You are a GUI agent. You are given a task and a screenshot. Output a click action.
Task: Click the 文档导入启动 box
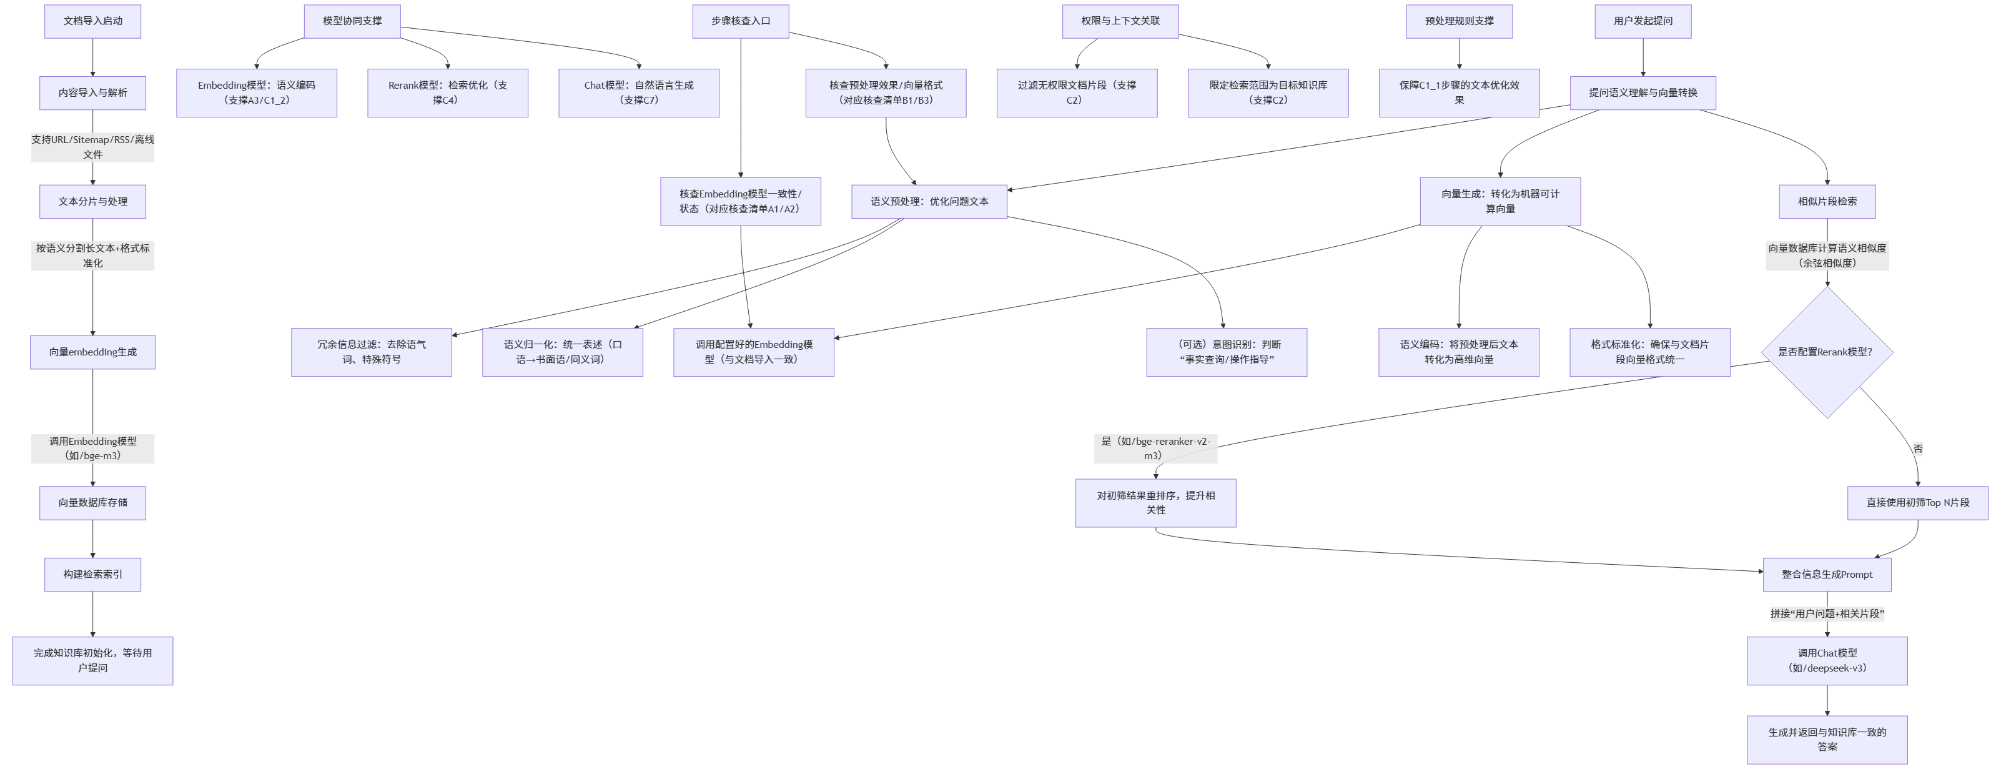(x=92, y=21)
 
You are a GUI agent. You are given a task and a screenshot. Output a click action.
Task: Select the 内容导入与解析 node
(x=92, y=92)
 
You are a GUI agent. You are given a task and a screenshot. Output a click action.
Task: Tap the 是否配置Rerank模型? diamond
(x=1826, y=352)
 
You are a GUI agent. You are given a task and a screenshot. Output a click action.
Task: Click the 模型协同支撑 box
(x=352, y=21)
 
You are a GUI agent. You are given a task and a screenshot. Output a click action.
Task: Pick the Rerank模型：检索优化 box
(x=447, y=92)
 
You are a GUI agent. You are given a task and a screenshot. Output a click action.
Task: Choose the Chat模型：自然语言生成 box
(x=638, y=92)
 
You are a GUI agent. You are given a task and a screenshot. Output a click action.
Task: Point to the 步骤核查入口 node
(x=740, y=21)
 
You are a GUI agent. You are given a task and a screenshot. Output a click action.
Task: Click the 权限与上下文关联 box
(x=1120, y=21)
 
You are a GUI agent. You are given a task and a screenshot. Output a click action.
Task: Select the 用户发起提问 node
(x=1643, y=21)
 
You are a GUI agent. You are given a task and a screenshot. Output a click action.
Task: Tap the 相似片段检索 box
(x=1827, y=201)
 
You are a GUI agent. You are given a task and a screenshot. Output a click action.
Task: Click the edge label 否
(x=1918, y=448)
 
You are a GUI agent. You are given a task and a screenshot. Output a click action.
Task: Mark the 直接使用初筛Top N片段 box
(x=1918, y=503)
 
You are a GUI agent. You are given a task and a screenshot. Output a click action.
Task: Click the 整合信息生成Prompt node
(x=1827, y=574)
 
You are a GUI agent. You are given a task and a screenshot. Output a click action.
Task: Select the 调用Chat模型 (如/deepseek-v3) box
(x=1827, y=660)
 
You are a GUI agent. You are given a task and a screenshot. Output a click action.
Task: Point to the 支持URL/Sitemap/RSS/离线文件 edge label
(x=92, y=147)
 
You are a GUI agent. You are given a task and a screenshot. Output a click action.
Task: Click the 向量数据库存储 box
(x=92, y=503)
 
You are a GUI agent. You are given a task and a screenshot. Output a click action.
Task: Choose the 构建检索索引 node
(x=92, y=574)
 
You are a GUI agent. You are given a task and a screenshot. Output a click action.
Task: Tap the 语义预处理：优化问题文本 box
(x=929, y=201)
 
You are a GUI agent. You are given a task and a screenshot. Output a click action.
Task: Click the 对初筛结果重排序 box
(x=1155, y=503)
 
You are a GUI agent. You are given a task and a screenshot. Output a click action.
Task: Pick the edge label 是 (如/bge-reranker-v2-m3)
(x=1155, y=448)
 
